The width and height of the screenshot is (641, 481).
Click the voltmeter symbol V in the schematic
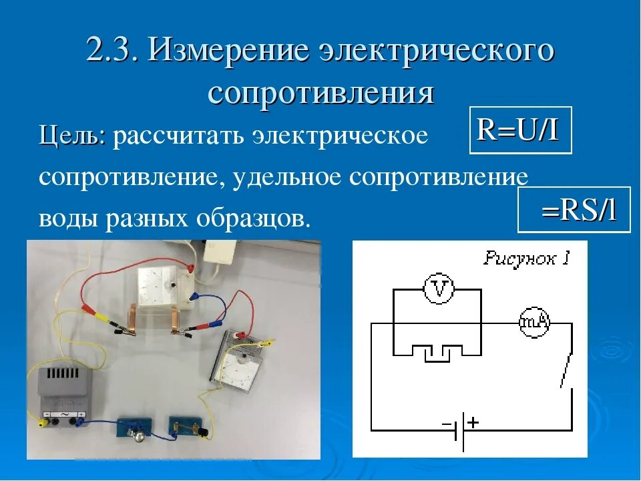[x=439, y=289]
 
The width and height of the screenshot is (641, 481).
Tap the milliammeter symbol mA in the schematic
[x=535, y=323]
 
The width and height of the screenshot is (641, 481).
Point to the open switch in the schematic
[x=567, y=367]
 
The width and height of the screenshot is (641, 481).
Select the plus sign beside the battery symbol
[x=473, y=422]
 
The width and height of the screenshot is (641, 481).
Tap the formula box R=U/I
[x=520, y=130]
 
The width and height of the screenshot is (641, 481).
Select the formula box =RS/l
[x=574, y=210]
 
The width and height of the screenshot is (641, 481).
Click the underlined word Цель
[x=71, y=136]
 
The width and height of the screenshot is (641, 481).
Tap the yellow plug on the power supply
[x=47, y=415]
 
